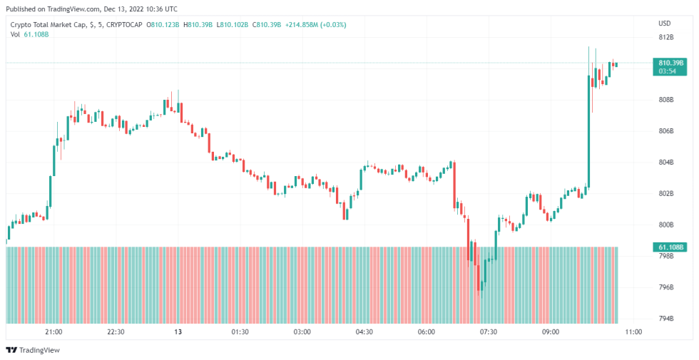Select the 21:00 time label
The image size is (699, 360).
tap(53, 331)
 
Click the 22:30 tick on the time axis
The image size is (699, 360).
tap(116, 331)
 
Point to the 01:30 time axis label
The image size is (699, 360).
tap(240, 331)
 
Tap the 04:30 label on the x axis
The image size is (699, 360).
tap(364, 331)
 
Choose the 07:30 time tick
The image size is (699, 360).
tap(489, 331)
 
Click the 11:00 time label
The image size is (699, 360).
tap(633, 331)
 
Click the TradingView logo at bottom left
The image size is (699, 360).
tap(33, 350)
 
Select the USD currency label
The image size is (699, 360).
tap(664, 23)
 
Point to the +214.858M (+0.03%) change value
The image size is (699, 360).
tap(316, 25)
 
